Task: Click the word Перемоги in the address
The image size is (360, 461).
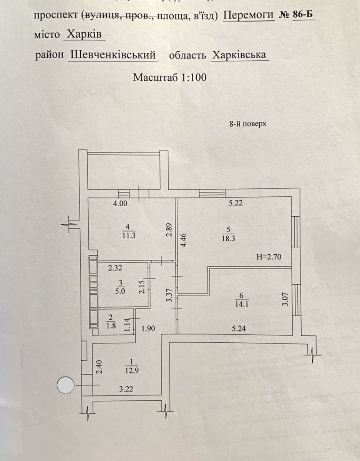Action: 249,15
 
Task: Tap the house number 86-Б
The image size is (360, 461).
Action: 304,15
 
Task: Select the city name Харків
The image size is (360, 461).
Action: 84,35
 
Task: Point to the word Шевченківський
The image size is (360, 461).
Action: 114,55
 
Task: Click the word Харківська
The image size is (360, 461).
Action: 239,55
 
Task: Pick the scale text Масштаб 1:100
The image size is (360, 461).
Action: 170,78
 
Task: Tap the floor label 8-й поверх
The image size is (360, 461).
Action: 247,124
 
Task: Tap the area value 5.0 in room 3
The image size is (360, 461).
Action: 121,291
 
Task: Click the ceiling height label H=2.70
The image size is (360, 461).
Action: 269,257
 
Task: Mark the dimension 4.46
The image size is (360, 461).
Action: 184,240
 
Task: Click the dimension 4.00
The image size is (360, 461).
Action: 120,204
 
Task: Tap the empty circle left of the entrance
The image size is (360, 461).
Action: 66,385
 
